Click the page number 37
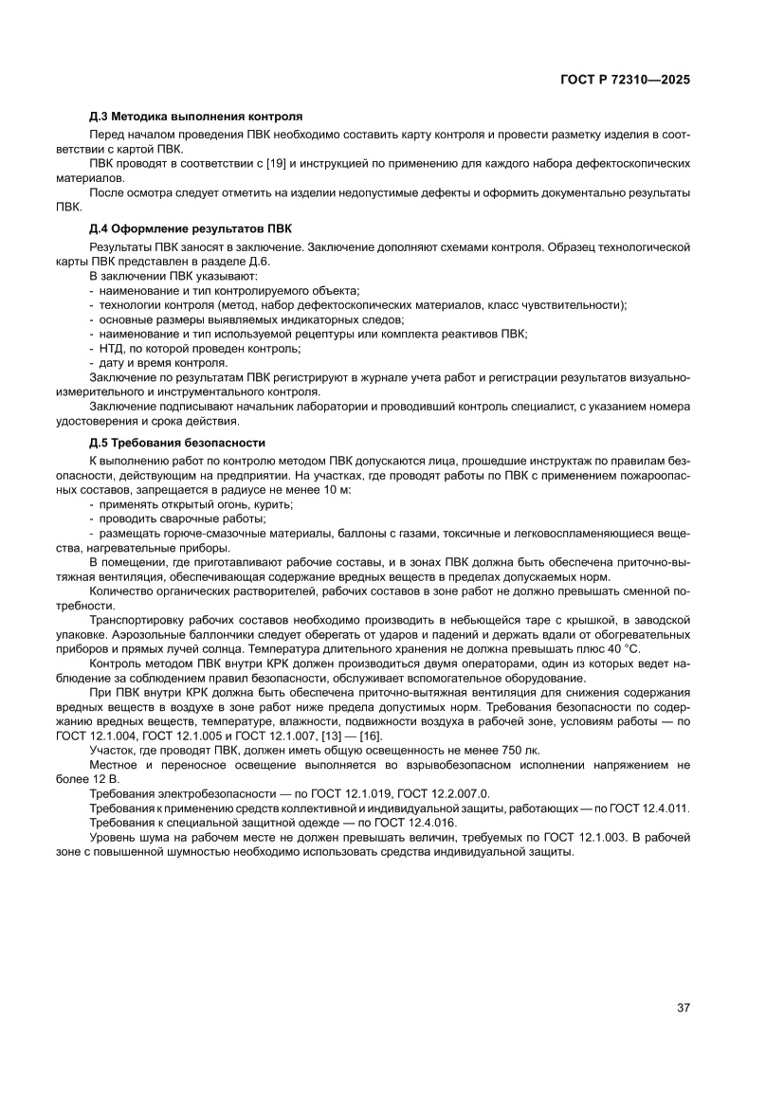coord(683,1007)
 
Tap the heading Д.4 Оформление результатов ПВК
coord(191,228)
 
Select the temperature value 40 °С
coord(620,649)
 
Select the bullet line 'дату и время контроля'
coord(162,363)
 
